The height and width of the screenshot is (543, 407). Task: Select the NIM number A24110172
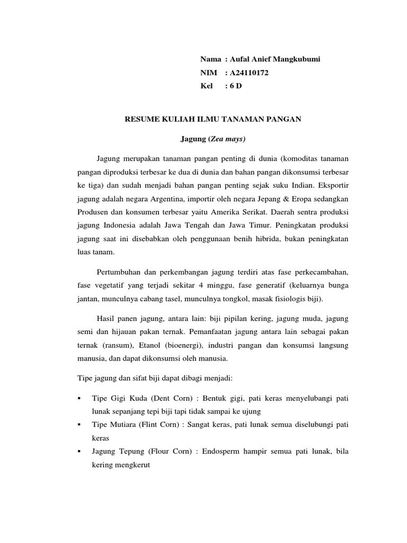[249, 73]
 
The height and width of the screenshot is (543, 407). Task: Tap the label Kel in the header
[206, 86]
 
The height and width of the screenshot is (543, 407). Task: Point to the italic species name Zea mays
[226, 139]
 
